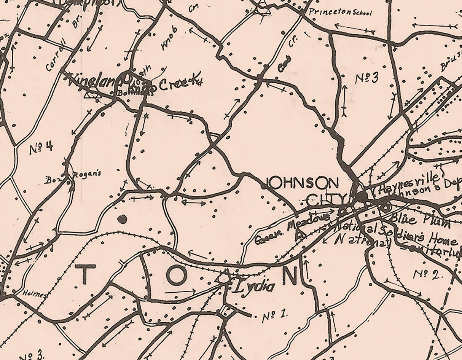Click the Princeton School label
coord(340,12)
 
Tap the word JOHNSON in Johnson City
coord(303,183)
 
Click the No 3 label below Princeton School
coord(367,78)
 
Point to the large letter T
coord(85,275)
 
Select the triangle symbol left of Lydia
coord(225,276)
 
